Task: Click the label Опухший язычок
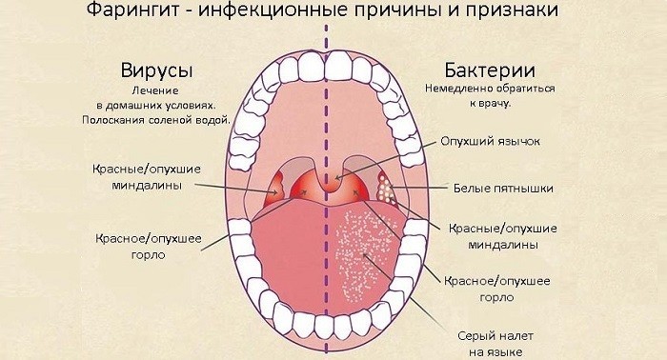click(x=491, y=141)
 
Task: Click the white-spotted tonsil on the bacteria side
click(x=387, y=186)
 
